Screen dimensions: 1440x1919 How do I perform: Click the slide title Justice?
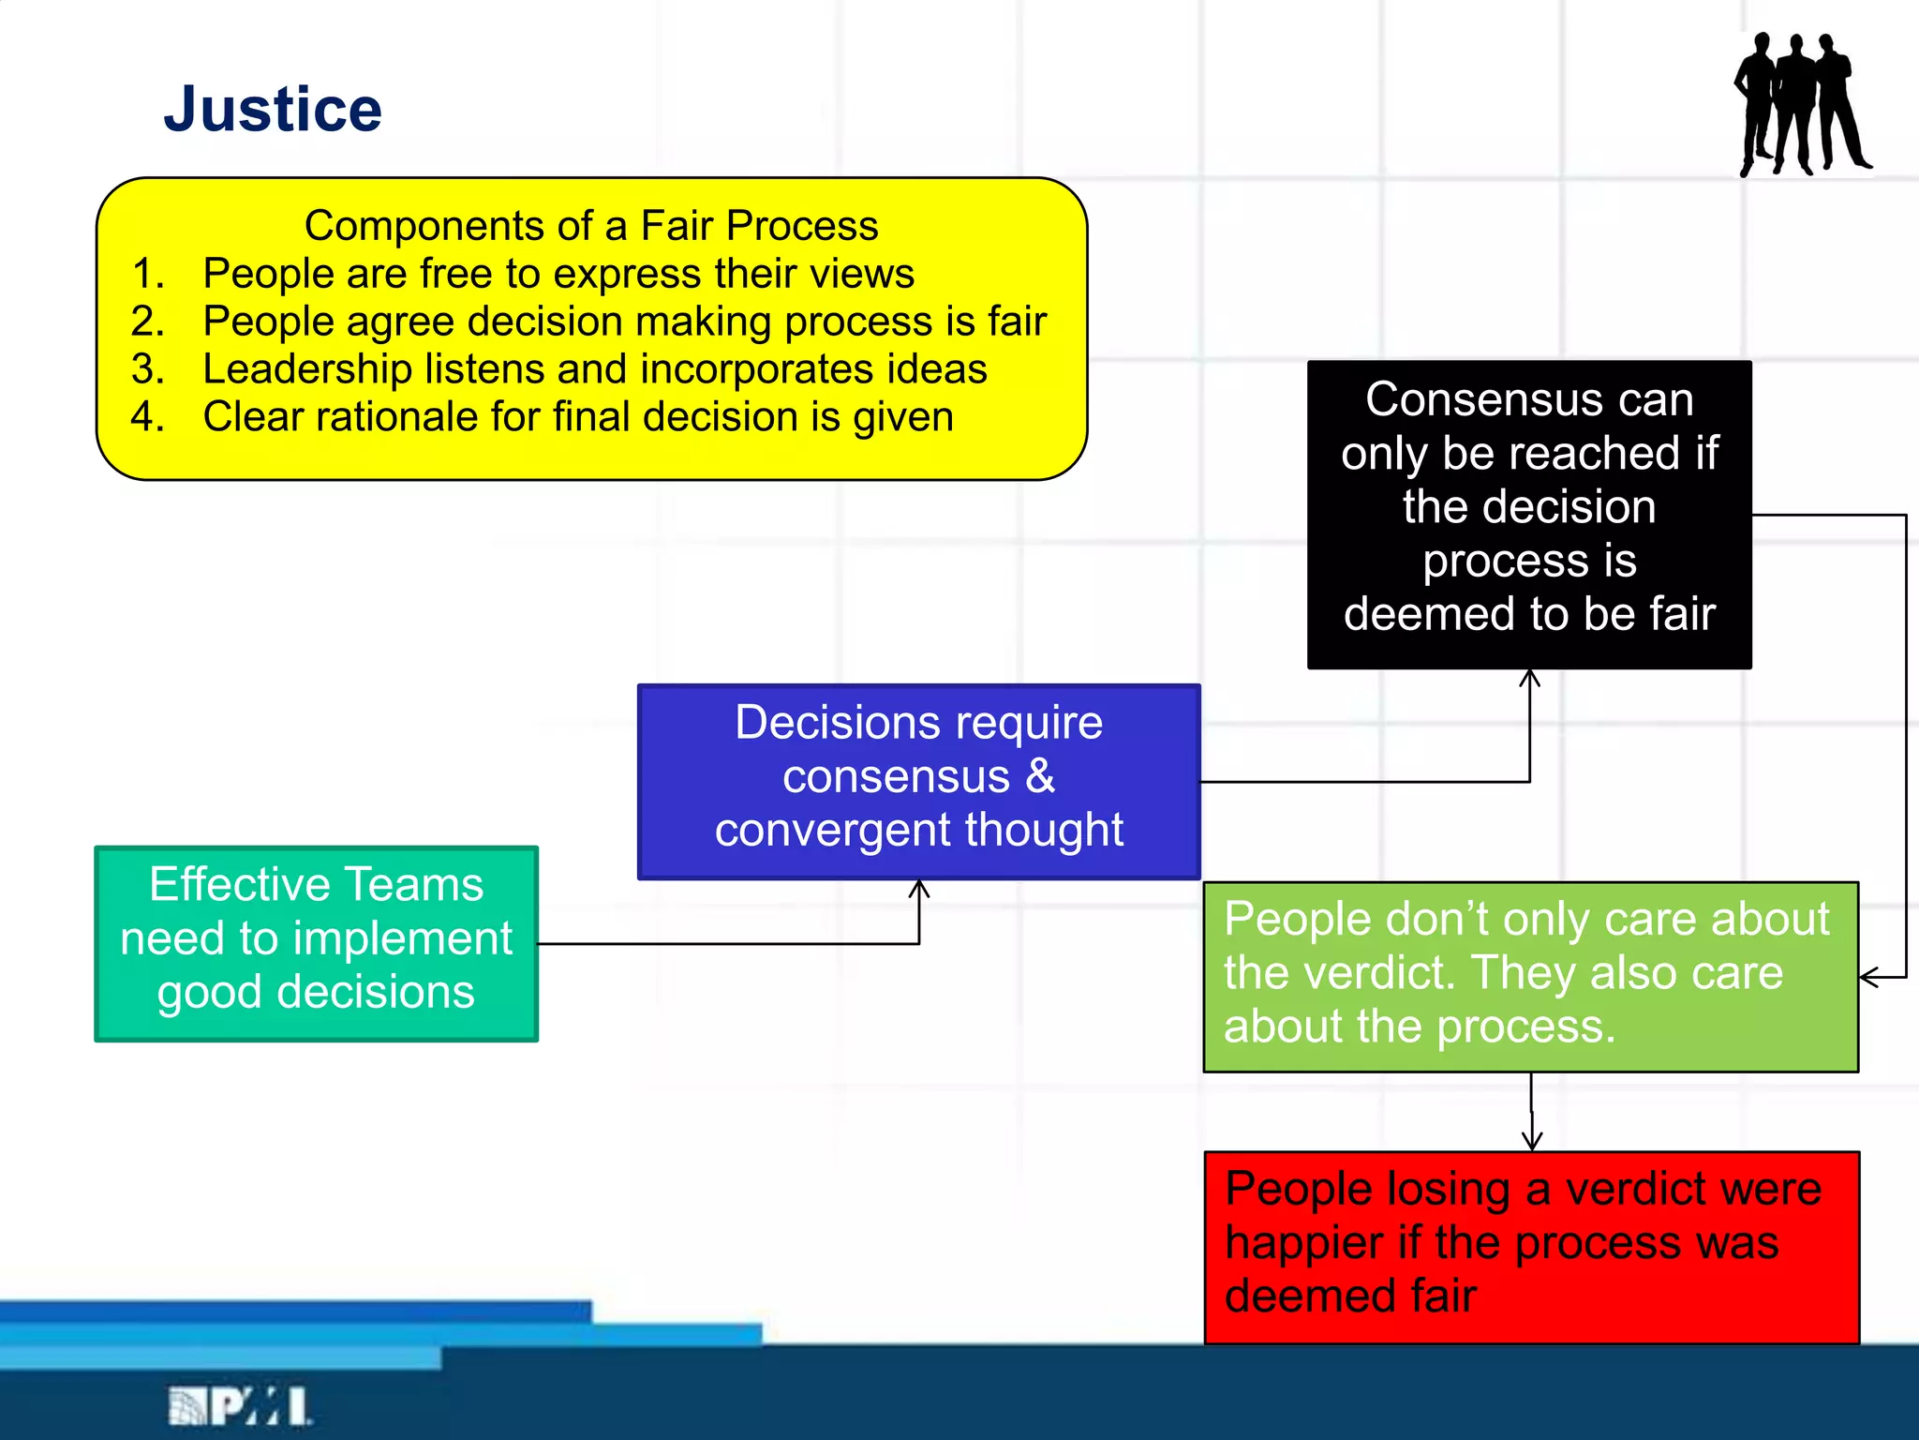click(x=273, y=110)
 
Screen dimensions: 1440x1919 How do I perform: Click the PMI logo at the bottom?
click(x=240, y=1406)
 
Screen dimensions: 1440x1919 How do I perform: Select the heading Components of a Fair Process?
click(x=591, y=226)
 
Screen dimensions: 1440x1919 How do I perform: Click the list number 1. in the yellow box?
click(x=148, y=275)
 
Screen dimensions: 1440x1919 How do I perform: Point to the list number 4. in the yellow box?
click(x=148, y=417)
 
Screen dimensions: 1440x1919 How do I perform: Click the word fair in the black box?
click(x=1682, y=614)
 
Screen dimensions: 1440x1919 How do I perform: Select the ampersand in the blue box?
click(x=1040, y=776)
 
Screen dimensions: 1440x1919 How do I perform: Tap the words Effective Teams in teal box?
click(x=317, y=885)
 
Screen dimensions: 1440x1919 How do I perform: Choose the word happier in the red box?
click(x=1303, y=1243)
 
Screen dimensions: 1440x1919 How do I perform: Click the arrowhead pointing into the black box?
click(x=1530, y=677)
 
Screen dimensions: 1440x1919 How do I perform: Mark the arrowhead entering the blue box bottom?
click(x=919, y=887)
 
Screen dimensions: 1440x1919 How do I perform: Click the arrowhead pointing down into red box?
click(x=1532, y=1142)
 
